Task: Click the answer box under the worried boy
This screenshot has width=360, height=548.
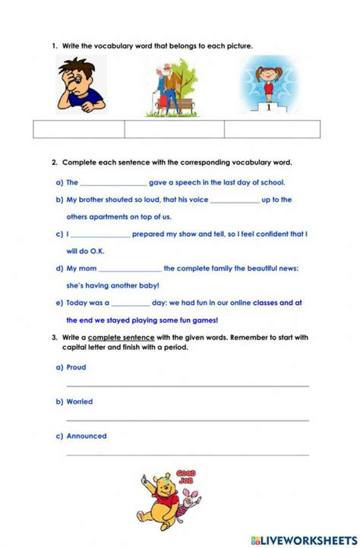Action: click(79, 129)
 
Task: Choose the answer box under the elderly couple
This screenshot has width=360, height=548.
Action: click(174, 129)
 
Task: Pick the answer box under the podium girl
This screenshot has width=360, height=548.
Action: click(272, 129)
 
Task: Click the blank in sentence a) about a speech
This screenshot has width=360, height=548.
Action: click(113, 184)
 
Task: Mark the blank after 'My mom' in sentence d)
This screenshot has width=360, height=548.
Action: click(130, 269)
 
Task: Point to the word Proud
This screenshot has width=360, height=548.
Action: click(76, 367)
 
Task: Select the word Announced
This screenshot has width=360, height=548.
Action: click(87, 436)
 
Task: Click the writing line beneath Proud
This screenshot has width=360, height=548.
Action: click(188, 386)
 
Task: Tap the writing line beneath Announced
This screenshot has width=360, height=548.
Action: click(188, 455)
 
